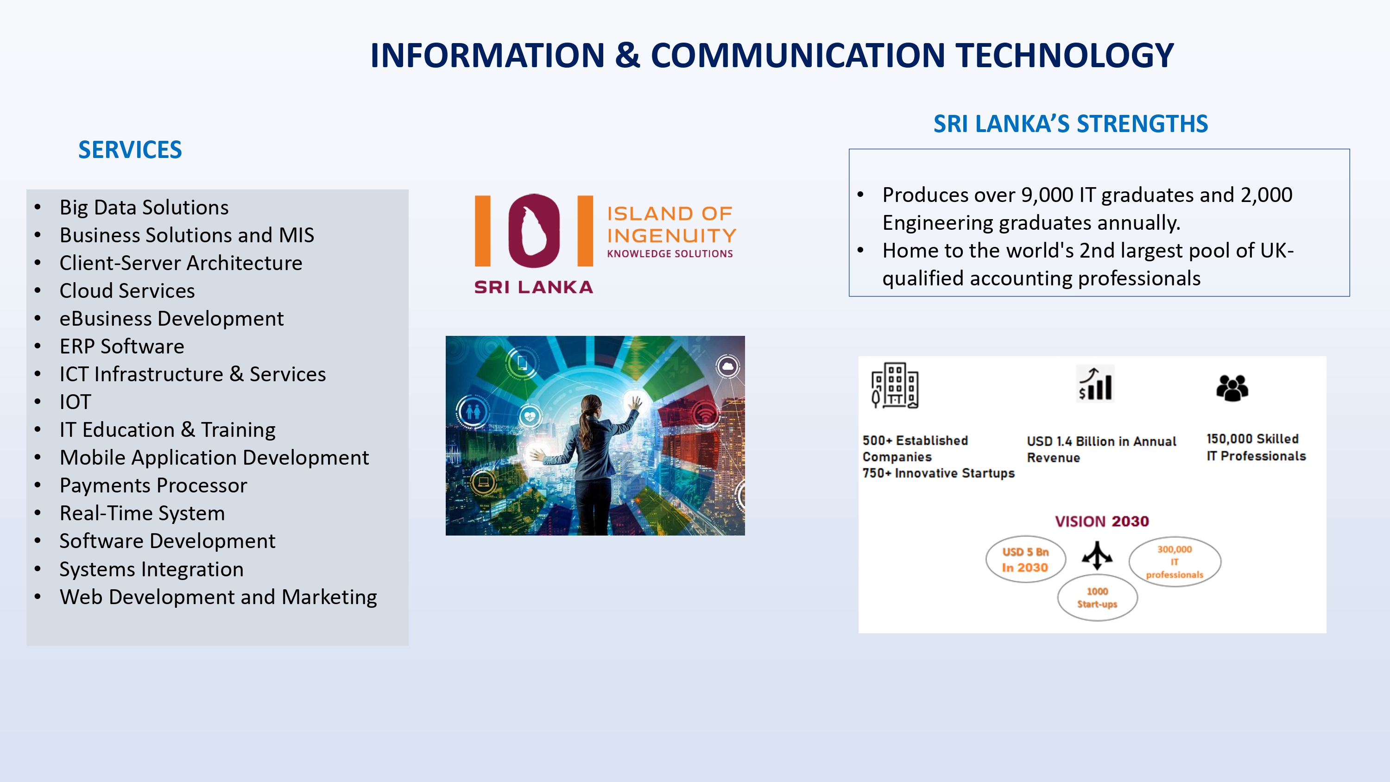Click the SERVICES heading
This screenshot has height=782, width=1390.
(130, 150)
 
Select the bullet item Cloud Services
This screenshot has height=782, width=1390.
(127, 291)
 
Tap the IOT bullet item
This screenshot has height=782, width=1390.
(75, 402)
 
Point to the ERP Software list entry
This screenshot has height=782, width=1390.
(122, 347)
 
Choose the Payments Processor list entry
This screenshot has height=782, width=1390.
(153, 486)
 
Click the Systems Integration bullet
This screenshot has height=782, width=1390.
(152, 569)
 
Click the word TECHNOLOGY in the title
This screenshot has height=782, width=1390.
(1065, 55)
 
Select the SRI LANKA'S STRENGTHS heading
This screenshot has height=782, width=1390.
(1071, 124)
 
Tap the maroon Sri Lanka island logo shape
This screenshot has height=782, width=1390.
(534, 231)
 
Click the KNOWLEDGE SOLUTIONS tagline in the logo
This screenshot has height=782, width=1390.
(670, 254)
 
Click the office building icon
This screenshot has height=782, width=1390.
(895, 385)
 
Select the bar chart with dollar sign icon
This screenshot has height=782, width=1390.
(1095, 383)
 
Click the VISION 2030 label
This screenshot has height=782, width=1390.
(1102, 521)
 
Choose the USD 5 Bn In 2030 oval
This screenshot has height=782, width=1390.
(1025, 560)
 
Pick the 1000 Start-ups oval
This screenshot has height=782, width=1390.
(1098, 598)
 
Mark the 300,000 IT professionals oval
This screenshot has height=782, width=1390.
(1175, 562)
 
